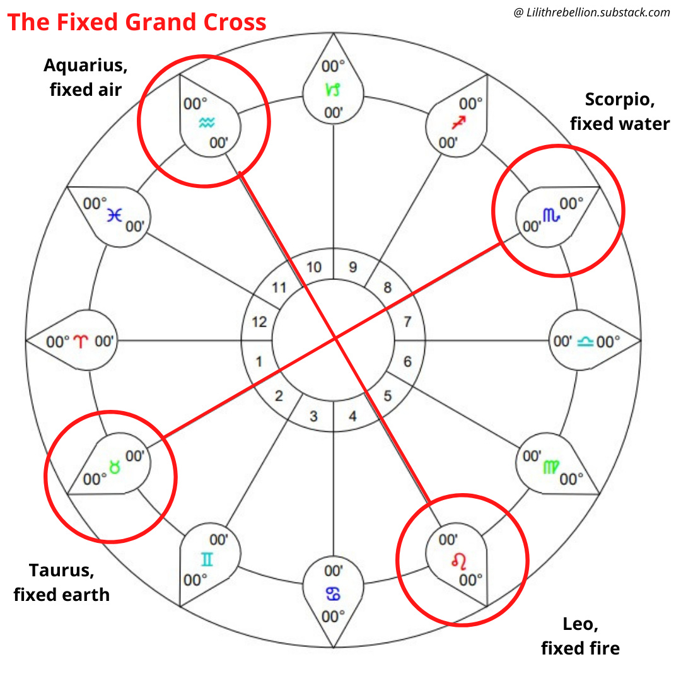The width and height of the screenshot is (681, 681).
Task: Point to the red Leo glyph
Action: (x=455, y=560)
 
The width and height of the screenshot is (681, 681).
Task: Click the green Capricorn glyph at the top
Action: (x=332, y=90)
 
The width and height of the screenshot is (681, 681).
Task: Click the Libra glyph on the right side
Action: (x=585, y=342)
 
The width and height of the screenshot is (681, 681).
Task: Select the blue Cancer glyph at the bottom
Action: (x=333, y=593)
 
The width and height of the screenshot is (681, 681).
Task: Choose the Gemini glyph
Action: (x=206, y=559)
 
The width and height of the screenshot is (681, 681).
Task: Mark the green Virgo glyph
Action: (x=550, y=467)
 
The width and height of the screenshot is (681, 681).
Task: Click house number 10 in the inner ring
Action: (x=313, y=267)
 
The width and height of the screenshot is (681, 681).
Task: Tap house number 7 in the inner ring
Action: (x=407, y=322)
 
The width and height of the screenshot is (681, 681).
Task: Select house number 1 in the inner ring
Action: (x=259, y=361)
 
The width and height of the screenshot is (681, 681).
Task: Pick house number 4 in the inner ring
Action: (x=352, y=416)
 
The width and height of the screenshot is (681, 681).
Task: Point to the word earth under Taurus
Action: (x=84, y=594)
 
